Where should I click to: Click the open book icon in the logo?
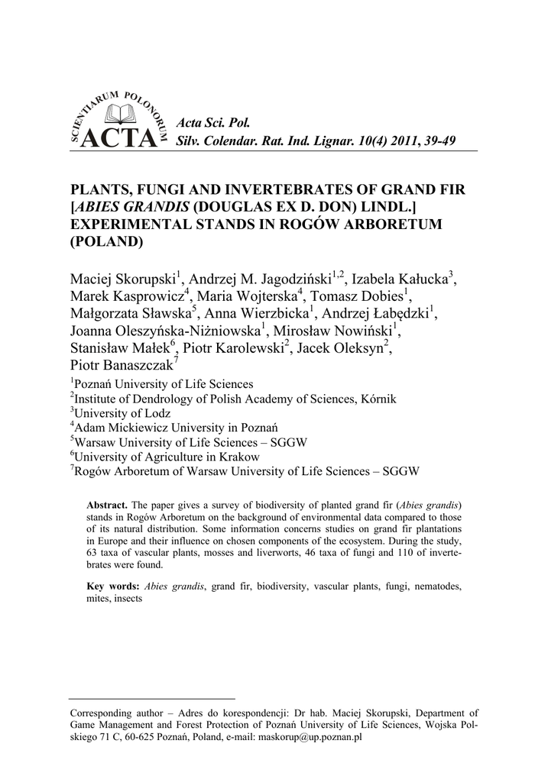(118, 115)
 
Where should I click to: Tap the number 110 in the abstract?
(391, 554)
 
